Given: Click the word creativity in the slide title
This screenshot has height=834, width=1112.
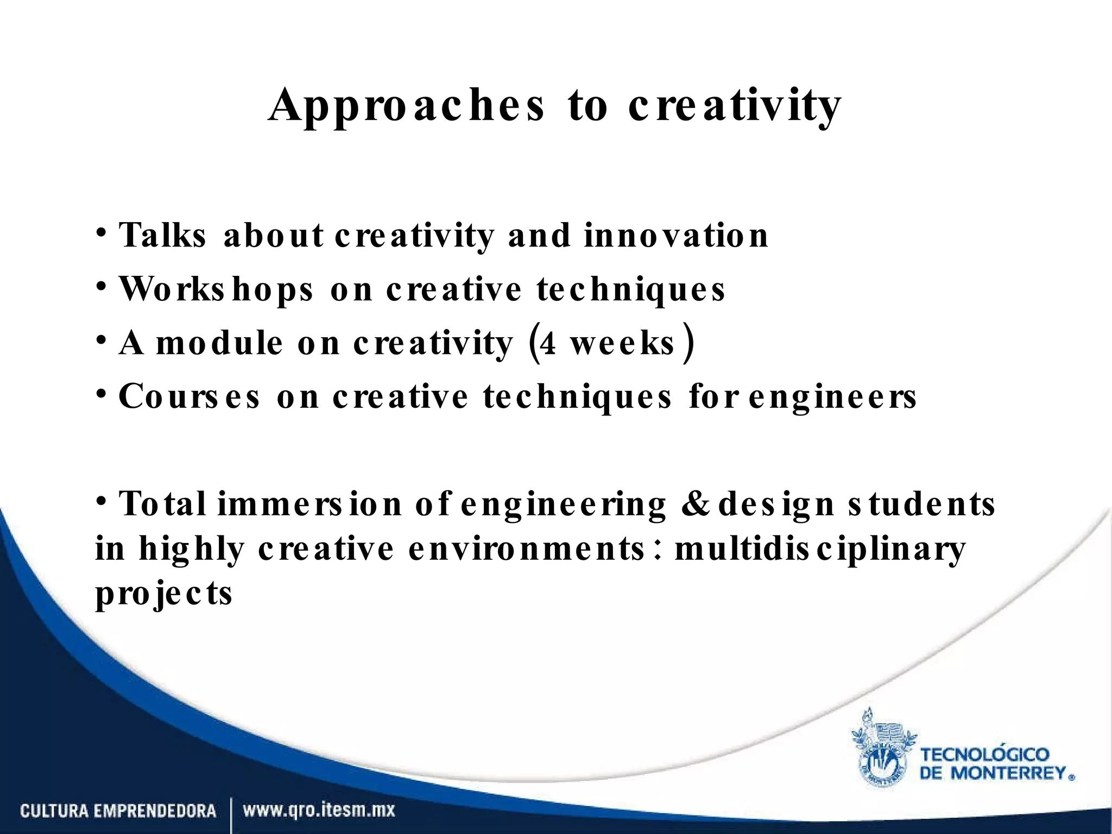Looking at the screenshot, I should point(734,106).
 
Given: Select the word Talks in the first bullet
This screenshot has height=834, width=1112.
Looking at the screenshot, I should point(162,236).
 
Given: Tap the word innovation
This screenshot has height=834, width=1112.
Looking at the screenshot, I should point(676,236).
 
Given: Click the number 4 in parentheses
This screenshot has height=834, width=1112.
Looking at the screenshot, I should point(548,344).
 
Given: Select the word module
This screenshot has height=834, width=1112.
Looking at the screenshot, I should point(219,344).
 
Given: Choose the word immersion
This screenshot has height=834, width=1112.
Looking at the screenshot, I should point(309,504).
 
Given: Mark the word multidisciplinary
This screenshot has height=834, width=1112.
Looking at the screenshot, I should point(820,548).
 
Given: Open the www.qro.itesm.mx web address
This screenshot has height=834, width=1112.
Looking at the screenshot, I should point(319,812).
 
